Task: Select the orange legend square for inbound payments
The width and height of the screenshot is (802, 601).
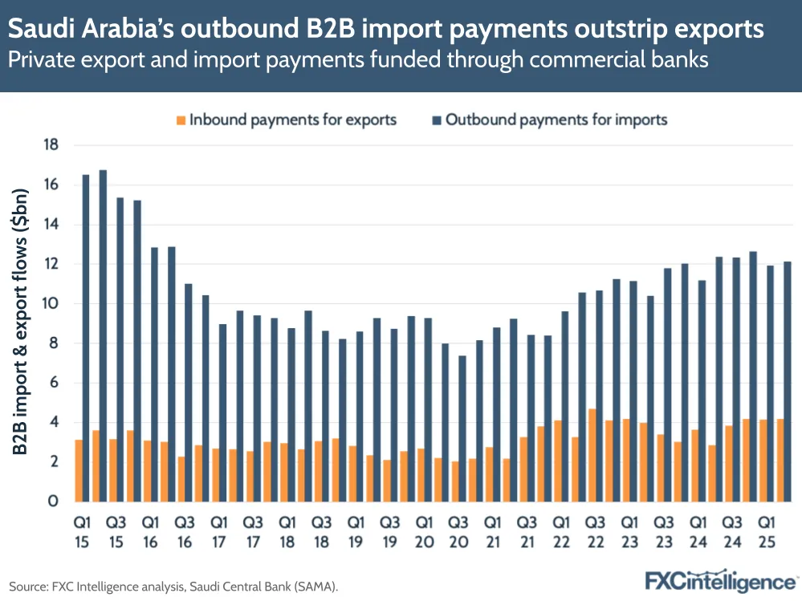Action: pyautogui.click(x=181, y=120)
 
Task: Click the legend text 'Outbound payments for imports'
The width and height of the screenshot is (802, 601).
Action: pyautogui.click(x=556, y=120)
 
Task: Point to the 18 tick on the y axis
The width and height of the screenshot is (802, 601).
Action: pyautogui.click(x=52, y=145)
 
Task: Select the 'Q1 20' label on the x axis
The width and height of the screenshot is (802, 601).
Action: pyautogui.click(x=424, y=531)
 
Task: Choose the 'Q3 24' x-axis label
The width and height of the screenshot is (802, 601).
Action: pyautogui.click(x=732, y=531)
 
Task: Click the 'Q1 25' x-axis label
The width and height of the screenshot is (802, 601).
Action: pyautogui.click(x=766, y=531)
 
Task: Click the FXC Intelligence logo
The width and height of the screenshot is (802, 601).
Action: pyautogui.click(x=721, y=580)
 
